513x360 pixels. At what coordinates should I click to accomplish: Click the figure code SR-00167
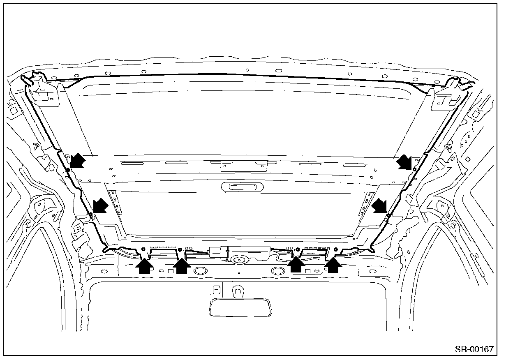point(474,349)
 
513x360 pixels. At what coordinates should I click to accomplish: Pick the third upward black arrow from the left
point(296,265)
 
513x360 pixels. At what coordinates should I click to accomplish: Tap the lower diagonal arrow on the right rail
point(379,206)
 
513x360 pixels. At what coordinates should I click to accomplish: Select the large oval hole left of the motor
point(200,271)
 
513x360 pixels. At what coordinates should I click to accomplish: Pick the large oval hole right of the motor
point(277,271)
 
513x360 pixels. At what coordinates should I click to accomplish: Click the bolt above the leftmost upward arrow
point(143,249)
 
